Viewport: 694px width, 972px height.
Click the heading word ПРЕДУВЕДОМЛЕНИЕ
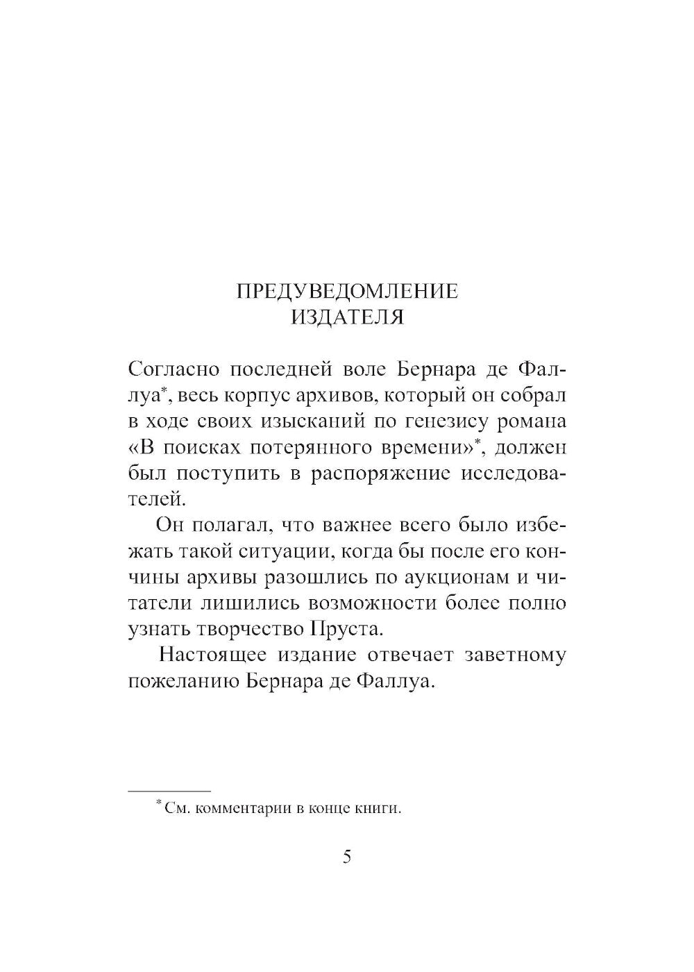click(x=347, y=291)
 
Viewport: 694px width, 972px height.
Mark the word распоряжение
click(x=380, y=474)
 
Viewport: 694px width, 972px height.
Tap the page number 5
click(x=347, y=857)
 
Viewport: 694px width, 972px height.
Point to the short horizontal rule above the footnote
click(x=170, y=791)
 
